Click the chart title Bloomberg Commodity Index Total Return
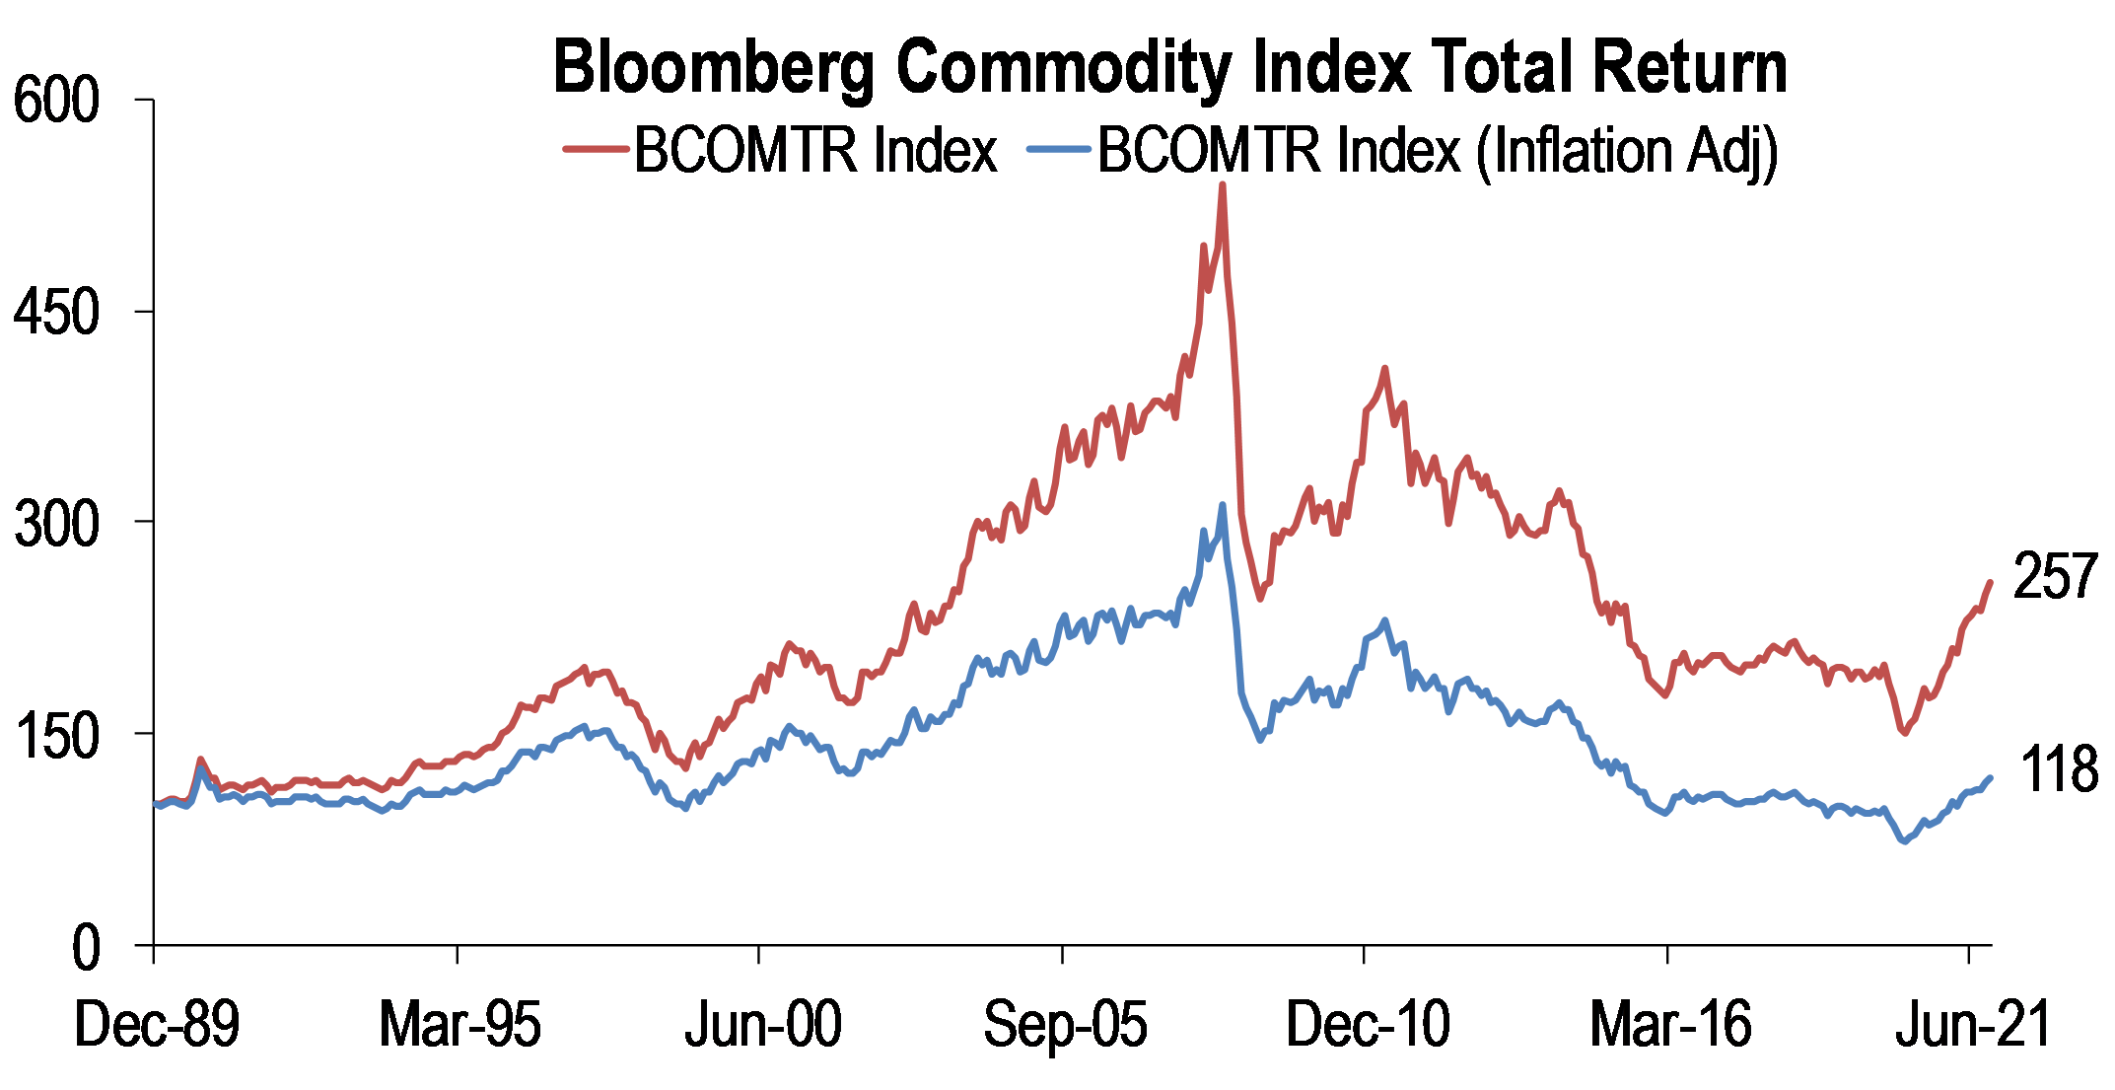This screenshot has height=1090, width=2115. click(x=1169, y=67)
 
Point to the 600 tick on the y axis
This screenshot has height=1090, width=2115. click(x=57, y=101)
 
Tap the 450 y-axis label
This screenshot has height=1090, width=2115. click(x=57, y=312)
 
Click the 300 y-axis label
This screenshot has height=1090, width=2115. click(x=57, y=523)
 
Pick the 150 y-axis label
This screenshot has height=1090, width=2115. click(x=57, y=735)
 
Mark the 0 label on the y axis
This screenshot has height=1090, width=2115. click(x=86, y=947)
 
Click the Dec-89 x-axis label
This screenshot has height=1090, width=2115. click(x=157, y=1025)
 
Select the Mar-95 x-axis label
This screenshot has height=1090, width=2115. click(x=459, y=1025)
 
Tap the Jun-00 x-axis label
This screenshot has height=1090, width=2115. click(x=762, y=1025)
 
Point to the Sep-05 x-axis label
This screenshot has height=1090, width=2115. click(x=1065, y=1025)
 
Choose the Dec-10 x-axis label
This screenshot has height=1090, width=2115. click(x=1368, y=1025)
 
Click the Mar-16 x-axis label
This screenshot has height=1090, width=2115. click(x=1670, y=1025)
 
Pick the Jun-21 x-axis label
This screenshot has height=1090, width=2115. click(x=1973, y=1025)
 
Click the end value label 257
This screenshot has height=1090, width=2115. click(x=2055, y=576)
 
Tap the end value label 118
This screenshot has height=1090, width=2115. click(x=2059, y=769)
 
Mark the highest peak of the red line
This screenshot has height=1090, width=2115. click(x=1223, y=184)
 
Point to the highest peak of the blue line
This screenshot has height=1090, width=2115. click(x=1223, y=505)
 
